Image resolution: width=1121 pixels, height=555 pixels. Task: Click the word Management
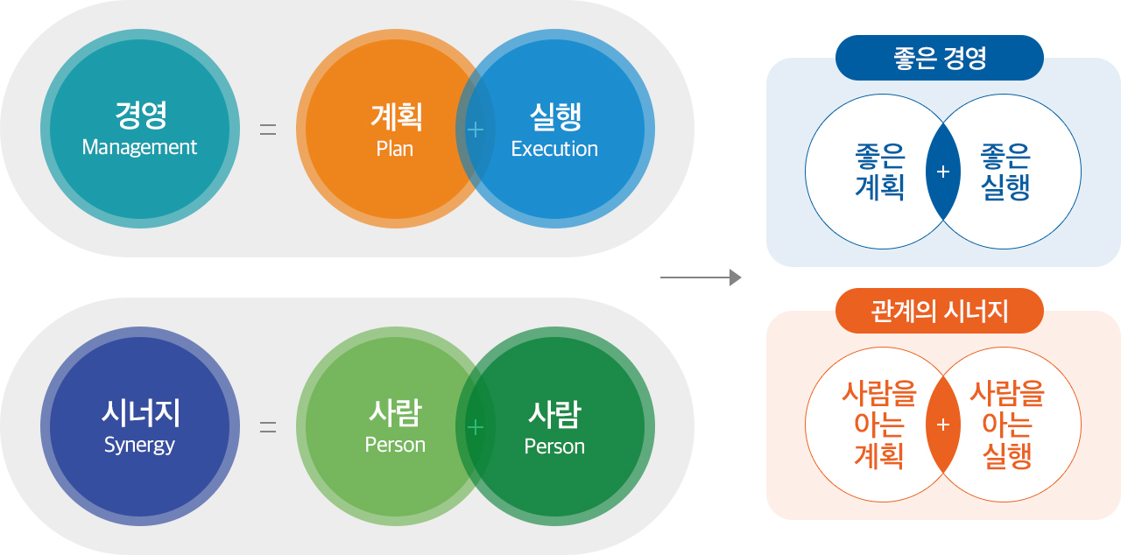click(139, 147)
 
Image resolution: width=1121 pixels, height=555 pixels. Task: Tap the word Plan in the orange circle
click(395, 149)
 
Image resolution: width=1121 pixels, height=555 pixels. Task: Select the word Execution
click(554, 149)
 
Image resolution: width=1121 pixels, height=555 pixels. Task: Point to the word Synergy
click(139, 445)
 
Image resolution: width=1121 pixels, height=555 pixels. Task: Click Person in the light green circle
click(395, 445)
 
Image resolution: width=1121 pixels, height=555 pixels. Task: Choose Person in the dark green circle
click(554, 446)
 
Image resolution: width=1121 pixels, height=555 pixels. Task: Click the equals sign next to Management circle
click(268, 130)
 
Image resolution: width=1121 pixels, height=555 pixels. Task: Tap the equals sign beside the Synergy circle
click(268, 427)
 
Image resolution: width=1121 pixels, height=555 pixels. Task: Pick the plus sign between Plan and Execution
click(475, 130)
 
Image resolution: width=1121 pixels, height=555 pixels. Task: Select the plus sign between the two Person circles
click(475, 427)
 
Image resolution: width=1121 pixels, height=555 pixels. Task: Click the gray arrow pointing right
click(701, 277)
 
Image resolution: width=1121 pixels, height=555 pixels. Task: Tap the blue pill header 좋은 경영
click(940, 58)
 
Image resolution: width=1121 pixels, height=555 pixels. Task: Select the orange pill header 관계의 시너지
click(940, 311)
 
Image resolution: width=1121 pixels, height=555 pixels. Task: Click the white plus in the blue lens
click(943, 172)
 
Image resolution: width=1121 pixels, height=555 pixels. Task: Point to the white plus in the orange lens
click(943, 425)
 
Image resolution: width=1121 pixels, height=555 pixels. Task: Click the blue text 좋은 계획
click(880, 172)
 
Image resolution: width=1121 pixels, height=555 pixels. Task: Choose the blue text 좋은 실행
click(1005, 172)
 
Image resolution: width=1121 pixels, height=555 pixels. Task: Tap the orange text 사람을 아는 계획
click(879, 425)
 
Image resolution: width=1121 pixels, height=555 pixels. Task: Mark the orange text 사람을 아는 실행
click(1007, 425)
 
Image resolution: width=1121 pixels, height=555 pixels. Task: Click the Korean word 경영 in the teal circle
click(141, 116)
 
